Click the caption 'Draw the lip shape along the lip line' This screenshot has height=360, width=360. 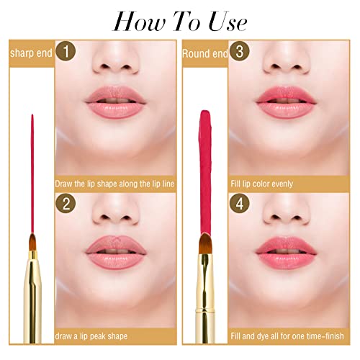click(114, 184)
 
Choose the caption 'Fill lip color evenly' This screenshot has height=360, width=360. click(262, 184)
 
